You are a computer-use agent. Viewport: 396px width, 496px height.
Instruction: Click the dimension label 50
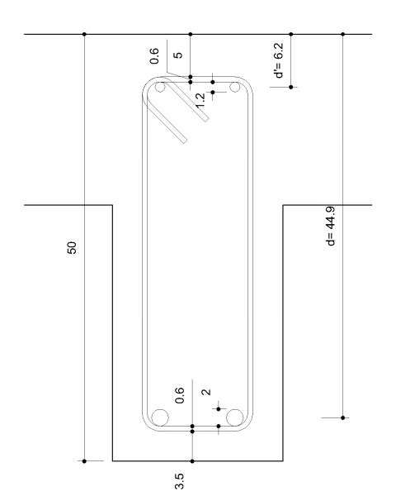tap(72, 248)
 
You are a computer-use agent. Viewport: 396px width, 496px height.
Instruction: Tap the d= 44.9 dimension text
tap(331, 226)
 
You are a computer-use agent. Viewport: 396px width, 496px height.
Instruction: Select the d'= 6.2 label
tap(279, 60)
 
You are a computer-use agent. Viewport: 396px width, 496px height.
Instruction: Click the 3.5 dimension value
tap(179, 481)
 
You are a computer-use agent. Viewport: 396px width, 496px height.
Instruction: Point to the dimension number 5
tap(178, 55)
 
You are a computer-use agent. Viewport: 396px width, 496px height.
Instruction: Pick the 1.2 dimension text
tap(200, 101)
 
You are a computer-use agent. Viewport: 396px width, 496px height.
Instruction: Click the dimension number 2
tap(206, 392)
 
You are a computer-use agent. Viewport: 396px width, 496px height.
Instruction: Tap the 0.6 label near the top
tap(154, 56)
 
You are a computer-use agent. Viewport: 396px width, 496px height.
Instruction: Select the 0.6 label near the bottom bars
tap(179, 395)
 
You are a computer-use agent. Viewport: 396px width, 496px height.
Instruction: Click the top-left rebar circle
tap(160, 87)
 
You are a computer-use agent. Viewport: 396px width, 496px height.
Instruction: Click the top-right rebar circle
tap(234, 87)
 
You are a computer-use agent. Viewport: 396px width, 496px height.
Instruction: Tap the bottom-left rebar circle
tap(160, 417)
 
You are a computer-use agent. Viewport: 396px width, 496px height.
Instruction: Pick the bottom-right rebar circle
tap(234, 417)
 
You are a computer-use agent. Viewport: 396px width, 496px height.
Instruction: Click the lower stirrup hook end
tap(185, 141)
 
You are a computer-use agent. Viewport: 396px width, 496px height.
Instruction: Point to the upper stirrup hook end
tap(207, 120)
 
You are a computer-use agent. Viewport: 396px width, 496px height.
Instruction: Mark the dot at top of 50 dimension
tap(84, 34)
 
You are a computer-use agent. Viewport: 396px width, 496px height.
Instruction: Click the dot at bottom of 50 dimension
tap(84, 461)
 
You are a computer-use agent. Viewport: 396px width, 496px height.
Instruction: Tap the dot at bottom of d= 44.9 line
tap(343, 417)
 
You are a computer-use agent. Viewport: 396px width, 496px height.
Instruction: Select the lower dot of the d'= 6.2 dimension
tap(291, 87)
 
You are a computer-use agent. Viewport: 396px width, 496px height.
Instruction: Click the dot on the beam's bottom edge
tap(192, 461)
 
